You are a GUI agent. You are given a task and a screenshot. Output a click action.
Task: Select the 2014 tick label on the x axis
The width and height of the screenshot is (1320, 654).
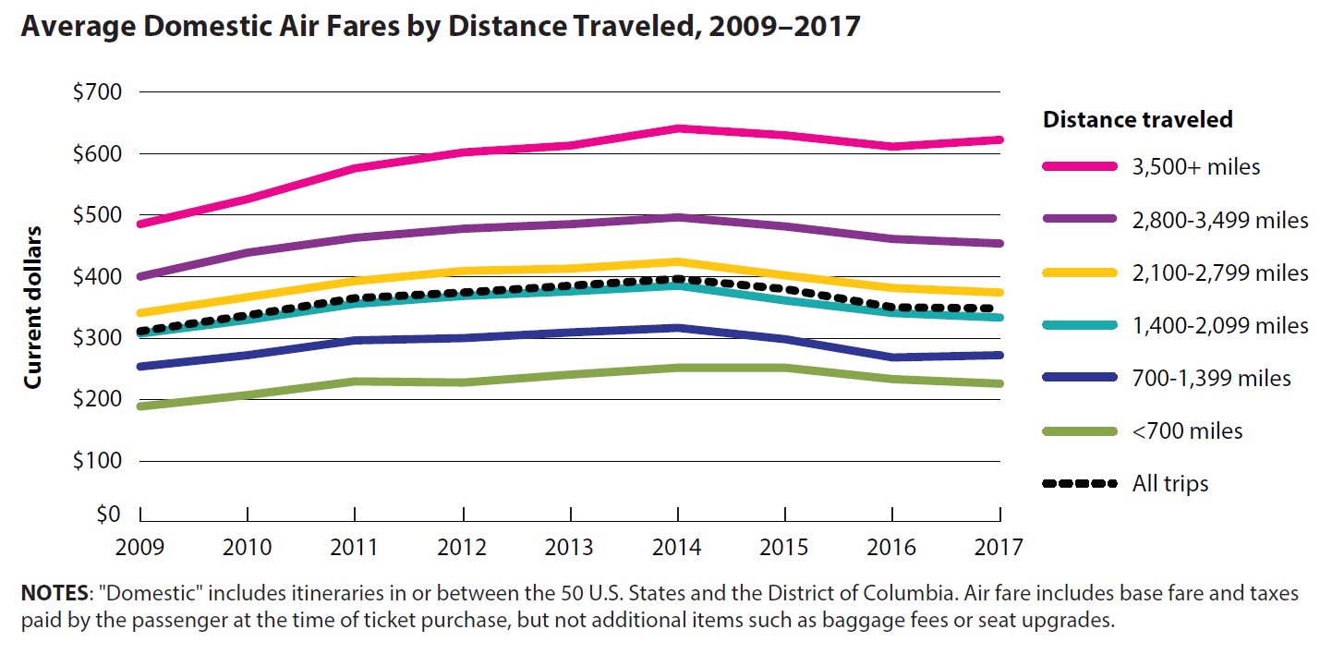pos(678,547)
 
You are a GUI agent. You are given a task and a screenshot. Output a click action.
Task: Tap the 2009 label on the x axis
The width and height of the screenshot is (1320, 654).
pos(139,547)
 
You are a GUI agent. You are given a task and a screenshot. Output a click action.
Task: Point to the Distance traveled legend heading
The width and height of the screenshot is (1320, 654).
pos(1137,119)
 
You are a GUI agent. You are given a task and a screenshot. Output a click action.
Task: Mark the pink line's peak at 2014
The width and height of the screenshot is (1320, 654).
pos(678,128)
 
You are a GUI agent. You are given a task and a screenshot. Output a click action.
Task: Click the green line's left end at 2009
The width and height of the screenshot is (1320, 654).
pos(140,406)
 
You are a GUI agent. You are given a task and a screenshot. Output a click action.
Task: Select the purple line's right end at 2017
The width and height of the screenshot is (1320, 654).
pos(1000,244)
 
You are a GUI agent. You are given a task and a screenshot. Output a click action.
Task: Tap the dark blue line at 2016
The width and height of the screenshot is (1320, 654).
pos(893,357)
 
